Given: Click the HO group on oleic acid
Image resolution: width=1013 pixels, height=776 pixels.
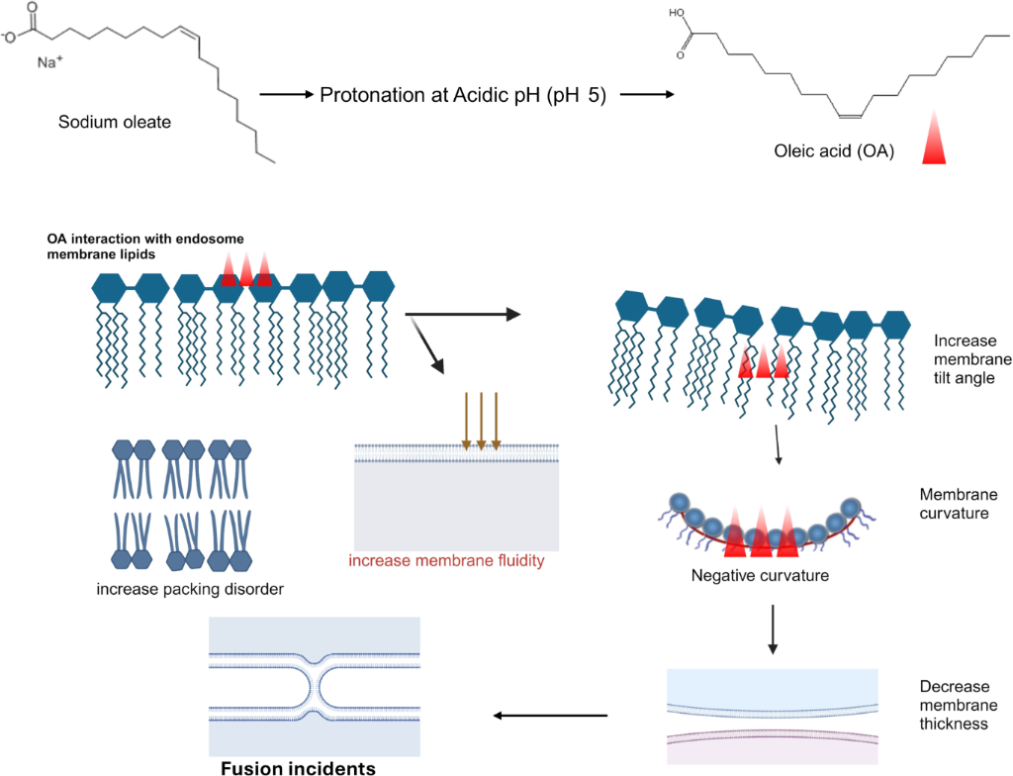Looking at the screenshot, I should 677,15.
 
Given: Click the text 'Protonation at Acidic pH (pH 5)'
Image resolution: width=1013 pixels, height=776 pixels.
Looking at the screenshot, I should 463,96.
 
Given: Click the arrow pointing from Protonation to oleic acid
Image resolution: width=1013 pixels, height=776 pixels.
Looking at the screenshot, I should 645,96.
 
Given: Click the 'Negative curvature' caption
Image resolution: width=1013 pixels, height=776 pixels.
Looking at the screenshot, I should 759,574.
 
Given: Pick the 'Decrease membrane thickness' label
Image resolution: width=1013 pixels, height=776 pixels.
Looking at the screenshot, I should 954,705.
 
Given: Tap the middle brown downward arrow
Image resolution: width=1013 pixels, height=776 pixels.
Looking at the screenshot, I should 481,422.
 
